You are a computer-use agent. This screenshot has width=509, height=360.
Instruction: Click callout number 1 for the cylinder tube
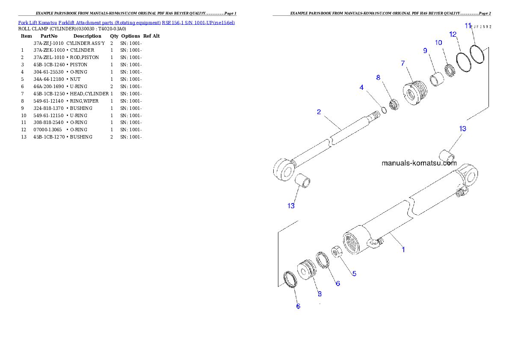[403, 249]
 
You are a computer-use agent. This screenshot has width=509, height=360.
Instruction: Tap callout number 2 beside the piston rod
[319, 112]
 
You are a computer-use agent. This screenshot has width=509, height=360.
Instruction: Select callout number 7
[403, 63]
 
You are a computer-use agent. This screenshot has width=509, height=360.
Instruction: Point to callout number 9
[425, 50]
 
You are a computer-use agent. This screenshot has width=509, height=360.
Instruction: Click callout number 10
[438, 42]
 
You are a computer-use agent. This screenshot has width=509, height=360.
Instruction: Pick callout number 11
[468, 26]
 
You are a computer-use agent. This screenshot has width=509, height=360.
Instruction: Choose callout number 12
[453, 34]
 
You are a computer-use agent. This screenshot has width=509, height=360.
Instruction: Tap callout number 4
[361, 87]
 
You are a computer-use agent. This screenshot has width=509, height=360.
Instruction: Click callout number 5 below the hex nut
[354, 274]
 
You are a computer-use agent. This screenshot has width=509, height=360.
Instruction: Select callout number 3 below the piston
[320, 294]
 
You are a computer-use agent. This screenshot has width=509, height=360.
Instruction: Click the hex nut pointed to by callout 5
[337, 251]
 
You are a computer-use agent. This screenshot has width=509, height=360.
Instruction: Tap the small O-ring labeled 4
[384, 110]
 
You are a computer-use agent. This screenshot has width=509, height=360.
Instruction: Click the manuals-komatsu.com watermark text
[419, 163]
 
